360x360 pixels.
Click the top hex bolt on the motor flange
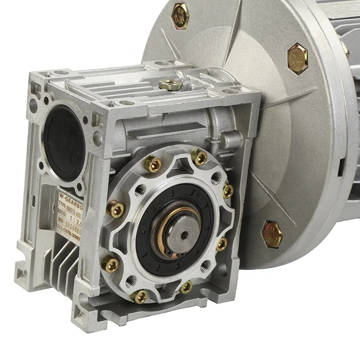coord(180,15)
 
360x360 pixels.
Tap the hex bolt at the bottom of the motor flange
coord(271,234)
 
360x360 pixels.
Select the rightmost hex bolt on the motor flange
coord(297,58)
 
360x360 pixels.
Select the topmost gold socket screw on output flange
coord(200,157)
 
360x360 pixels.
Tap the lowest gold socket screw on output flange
coord(140,296)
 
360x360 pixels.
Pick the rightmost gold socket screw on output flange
coord(228,191)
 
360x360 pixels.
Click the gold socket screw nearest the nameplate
coord(117,209)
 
